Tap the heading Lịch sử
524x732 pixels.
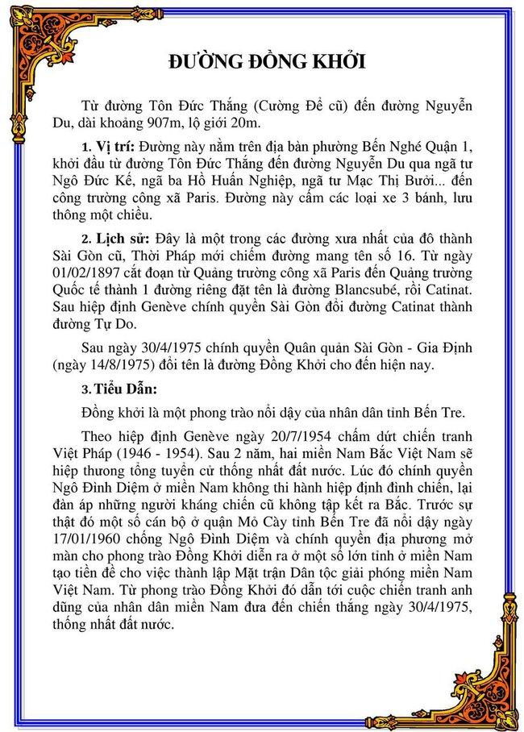click(x=119, y=239)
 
